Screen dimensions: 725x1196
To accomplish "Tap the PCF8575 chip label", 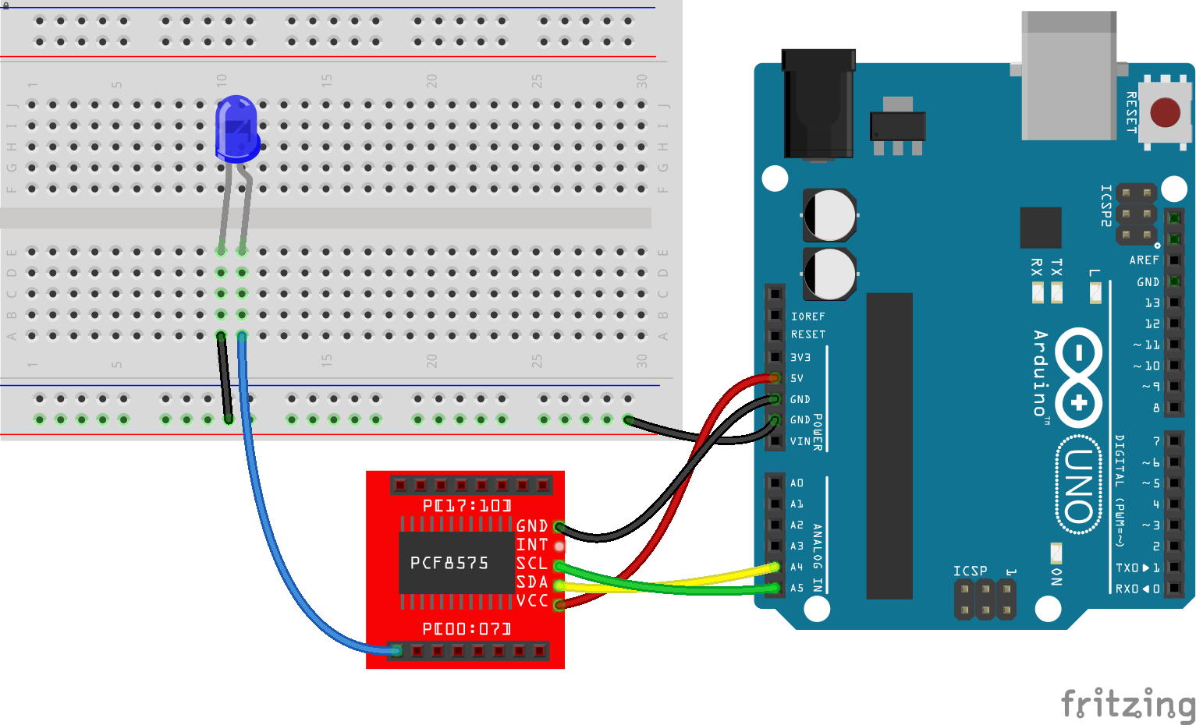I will pos(449,563).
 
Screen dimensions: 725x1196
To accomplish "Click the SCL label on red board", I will pos(532,564).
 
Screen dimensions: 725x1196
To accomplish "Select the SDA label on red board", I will pos(532,582).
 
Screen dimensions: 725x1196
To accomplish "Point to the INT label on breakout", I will pos(532,545).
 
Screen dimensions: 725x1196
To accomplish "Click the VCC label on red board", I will pos(532,601).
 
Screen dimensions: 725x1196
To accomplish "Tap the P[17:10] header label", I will pos(467,506).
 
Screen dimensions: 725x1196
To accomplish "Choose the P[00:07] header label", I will pos(467,628).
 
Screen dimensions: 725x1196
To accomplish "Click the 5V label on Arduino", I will pos(797,378).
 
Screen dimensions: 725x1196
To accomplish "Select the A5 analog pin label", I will pos(797,588).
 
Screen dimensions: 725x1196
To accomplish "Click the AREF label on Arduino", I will pos(1144,260).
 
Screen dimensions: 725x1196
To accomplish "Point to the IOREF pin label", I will pos(807,317).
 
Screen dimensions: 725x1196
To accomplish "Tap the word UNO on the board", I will pos(1079,486).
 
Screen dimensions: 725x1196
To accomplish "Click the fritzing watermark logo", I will pos(1127,704).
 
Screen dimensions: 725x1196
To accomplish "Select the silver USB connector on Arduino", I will pos(1069,76).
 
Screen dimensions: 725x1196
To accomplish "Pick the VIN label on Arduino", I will pos(800,441).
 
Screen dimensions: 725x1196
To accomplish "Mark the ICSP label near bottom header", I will pos(970,571).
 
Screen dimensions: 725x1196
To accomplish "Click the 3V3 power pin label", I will pos(800,357).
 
